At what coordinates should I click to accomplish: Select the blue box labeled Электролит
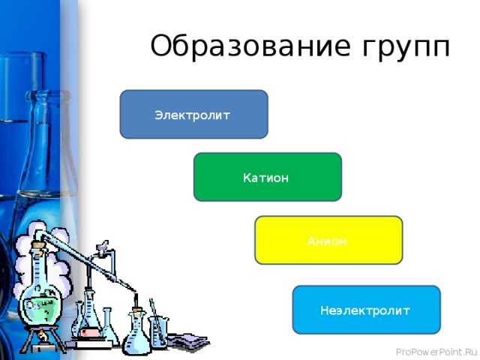(193, 115)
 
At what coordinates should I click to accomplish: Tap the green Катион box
(267, 178)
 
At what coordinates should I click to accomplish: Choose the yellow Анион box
(328, 240)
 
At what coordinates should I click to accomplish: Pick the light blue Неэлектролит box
(366, 310)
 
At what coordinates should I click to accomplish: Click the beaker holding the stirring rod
(160, 330)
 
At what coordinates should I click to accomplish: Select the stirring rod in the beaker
(153, 311)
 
